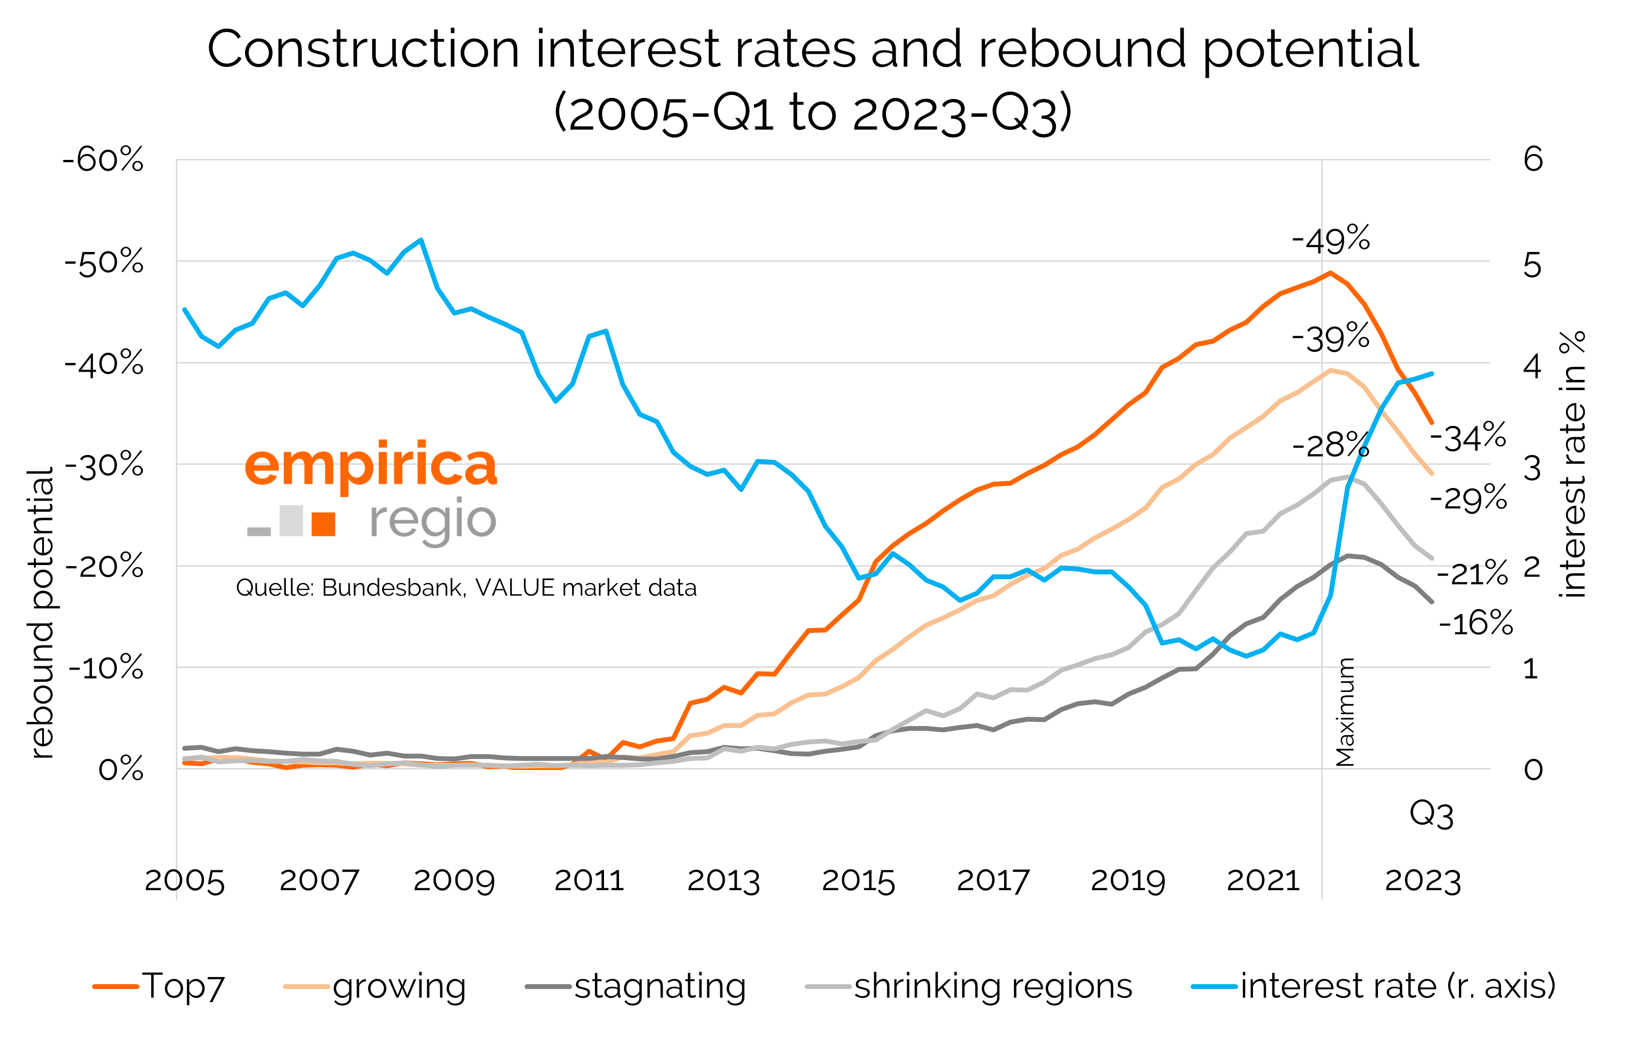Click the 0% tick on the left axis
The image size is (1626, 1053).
(121, 770)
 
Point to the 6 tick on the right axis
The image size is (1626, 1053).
(1533, 159)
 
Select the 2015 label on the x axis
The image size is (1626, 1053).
(858, 881)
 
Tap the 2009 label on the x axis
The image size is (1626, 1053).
(454, 881)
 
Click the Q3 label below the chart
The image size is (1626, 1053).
(1431, 815)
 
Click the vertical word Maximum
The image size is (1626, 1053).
(1345, 712)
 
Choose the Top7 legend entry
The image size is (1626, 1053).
(159, 987)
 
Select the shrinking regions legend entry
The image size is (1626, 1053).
(968, 987)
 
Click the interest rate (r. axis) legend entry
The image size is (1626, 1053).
(1373, 987)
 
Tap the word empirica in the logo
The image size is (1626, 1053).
(371, 465)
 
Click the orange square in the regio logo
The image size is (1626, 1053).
(323, 523)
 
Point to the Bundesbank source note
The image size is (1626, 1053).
(466, 588)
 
